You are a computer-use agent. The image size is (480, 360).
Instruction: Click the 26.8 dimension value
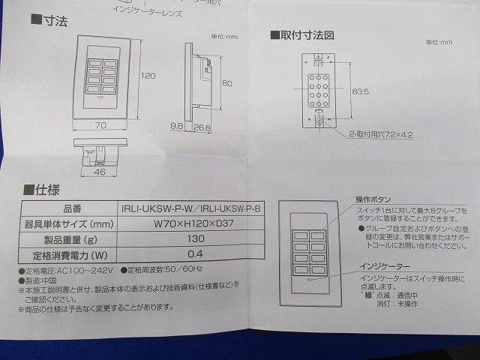point(201,128)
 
